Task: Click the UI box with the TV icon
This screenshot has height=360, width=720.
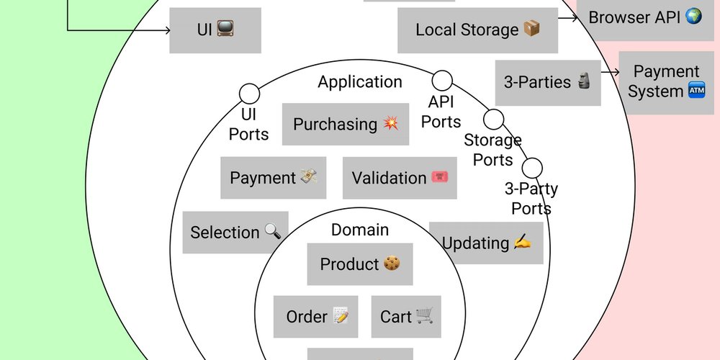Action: [215, 30]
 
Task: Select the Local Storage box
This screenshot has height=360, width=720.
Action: [477, 30]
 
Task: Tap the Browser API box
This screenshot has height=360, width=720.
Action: [645, 17]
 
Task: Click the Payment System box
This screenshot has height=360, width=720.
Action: [666, 82]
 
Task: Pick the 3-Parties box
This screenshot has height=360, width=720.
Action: [548, 83]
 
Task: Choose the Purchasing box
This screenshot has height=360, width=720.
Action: [346, 124]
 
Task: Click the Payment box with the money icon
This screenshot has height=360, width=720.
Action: [274, 178]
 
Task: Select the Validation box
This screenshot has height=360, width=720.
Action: [400, 178]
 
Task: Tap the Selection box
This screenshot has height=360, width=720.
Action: [235, 233]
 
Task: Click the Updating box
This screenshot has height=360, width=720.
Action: [486, 243]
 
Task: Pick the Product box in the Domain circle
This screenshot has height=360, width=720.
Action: [360, 264]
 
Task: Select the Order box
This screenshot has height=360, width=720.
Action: [317, 317]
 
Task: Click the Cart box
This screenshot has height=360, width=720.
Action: [406, 317]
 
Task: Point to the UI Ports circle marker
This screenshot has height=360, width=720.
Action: [249, 93]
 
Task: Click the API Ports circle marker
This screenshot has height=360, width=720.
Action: [442, 80]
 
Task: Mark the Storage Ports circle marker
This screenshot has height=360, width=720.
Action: [493, 119]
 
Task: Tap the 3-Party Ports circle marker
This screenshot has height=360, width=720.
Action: [532, 168]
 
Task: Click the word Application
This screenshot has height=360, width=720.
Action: [360, 81]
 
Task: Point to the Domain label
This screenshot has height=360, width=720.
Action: [360, 230]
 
